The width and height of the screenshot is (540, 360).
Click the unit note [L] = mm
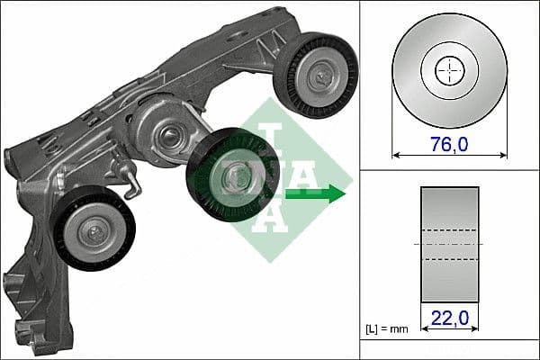(386, 329)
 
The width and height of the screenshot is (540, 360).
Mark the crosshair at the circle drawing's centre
(449, 70)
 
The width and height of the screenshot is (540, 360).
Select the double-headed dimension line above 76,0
(449, 156)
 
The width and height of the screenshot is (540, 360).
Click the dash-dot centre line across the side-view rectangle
(449, 244)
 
